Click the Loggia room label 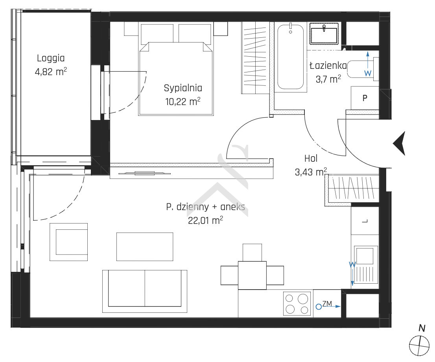point(51,58)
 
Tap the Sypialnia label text point(183,88)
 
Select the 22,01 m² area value point(205,221)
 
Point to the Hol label point(311,159)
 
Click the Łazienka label point(328,66)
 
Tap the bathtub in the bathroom point(291,57)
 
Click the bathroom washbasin point(324,33)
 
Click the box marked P point(365,98)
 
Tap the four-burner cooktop point(297,304)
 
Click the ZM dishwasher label point(327,304)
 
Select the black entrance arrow point(399,144)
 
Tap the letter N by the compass point(422,329)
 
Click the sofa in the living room point(144,291)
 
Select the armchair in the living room point(69,242)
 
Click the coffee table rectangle point(145,247)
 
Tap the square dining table point(252,275)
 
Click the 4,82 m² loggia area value point(51,72)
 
